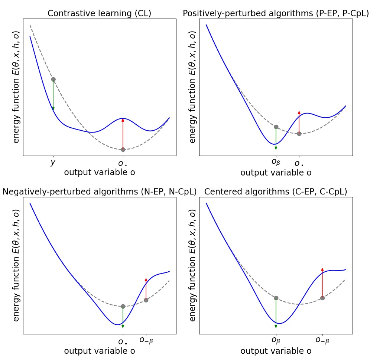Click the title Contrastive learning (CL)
(99, 14)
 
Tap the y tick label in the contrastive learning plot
(53, 163)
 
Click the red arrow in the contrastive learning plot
(123, 134)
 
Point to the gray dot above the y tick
(53, 79)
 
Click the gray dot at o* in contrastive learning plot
(123, 150)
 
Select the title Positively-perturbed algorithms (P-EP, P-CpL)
(276, 14)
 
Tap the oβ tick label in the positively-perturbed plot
(276, 162)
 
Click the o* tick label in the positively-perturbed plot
(299, 163)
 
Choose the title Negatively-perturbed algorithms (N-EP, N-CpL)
(99, 192)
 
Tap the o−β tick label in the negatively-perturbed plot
(146, 340)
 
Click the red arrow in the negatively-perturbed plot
(146, 289)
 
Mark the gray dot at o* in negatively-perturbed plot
(123, 306)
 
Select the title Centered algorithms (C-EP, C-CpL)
(276, 192)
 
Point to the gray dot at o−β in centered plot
(322, 298)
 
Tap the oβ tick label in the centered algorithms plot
(276, 340)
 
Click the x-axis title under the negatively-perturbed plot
(99, 351)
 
